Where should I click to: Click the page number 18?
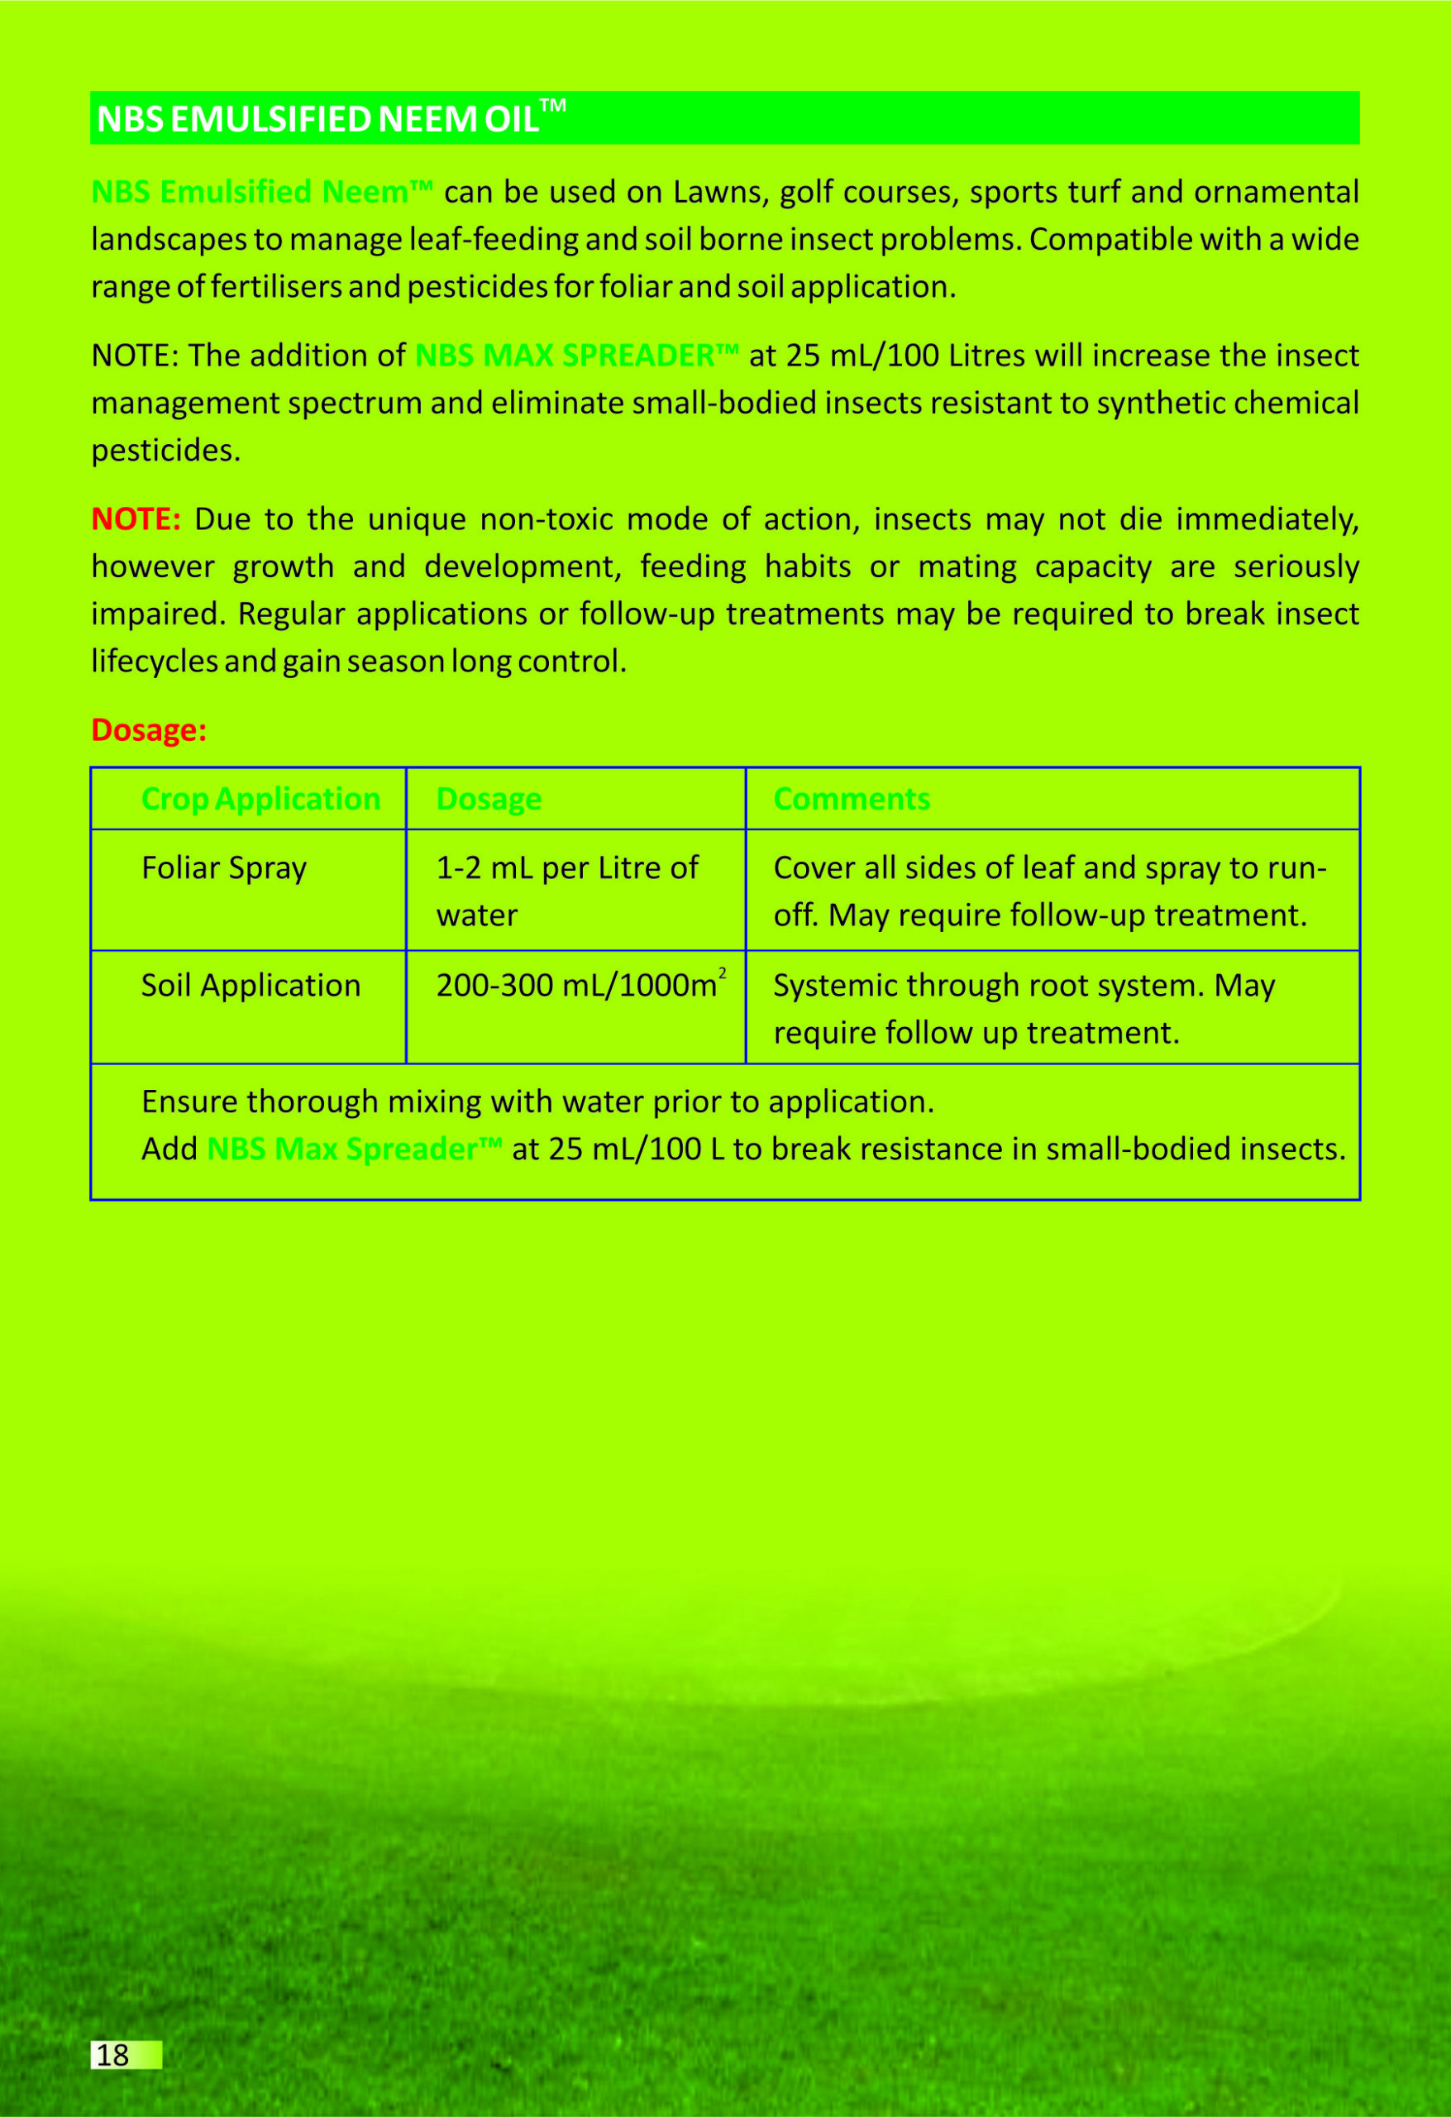113,2055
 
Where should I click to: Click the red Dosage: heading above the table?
150,729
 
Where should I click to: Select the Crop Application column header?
260,799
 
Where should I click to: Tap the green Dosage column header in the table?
489,799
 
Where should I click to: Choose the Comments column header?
851,799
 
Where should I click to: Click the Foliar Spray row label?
224,868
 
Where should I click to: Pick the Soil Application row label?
251,986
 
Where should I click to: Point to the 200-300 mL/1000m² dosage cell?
580,986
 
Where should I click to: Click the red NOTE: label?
136,519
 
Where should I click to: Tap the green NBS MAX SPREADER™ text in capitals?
575,356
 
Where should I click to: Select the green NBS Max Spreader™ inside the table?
353,1149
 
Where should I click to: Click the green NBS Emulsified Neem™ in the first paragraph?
261,192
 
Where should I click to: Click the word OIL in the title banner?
511,119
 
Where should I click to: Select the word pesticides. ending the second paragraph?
166,451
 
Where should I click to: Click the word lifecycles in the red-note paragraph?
154,662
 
